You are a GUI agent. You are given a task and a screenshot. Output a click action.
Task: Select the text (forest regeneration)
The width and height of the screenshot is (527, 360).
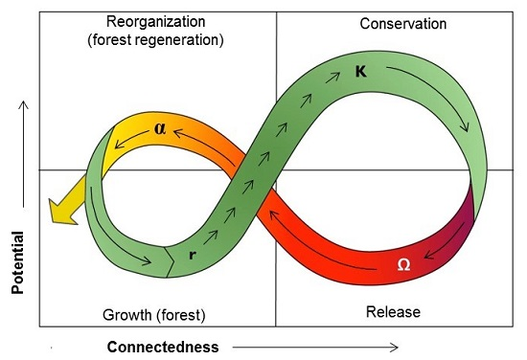[x=157, y=40]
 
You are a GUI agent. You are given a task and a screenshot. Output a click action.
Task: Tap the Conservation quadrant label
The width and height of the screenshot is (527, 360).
[x=403, y=23]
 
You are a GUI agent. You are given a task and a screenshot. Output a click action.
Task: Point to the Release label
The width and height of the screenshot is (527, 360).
[x=393, y=312]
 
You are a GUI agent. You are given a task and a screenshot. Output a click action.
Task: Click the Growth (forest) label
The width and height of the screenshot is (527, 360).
[x=154, y=313]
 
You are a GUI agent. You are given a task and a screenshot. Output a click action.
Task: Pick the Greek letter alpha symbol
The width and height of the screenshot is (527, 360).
[x=160, y=126]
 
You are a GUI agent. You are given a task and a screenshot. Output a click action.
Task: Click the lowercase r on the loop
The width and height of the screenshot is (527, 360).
[x=193, y=255]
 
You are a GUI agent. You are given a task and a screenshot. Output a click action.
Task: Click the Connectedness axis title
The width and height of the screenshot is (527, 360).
[x=162, y=346]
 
